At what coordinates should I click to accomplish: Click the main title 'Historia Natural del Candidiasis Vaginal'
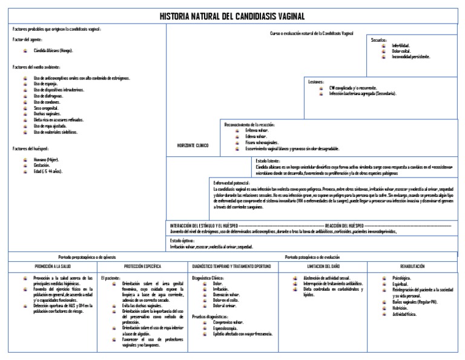(x=232, y=16)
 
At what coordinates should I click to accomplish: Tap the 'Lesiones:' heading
(x=316, y=81)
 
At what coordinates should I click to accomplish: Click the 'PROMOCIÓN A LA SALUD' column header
(x=53, y=266)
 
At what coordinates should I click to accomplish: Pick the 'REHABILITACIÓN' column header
(x=412, y=266)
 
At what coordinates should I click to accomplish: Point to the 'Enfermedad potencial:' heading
(x=232, y=182)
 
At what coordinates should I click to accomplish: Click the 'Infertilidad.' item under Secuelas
(x=401, y=45)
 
